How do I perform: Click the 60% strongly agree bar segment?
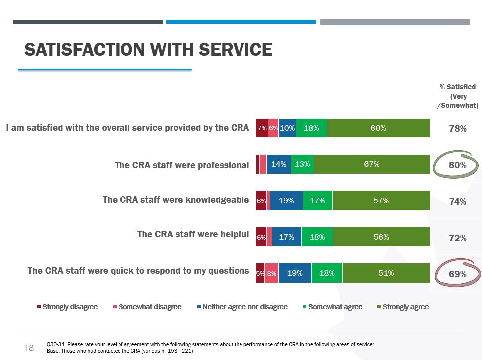coord(378,128)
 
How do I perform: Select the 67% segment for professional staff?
coord(372,164)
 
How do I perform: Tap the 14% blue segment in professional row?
coord(278,164)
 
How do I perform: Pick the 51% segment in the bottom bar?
coord(386,273)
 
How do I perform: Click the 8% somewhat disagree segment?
coord(271,273)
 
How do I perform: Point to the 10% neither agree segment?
coord(287,128)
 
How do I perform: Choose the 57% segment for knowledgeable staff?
coord(381,201)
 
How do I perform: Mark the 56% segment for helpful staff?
coord(381,237)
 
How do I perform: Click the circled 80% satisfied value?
coord(457,165)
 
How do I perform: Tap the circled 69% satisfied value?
coord(457,274)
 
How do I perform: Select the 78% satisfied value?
coord(457,129)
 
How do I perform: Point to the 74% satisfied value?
coord(457,202)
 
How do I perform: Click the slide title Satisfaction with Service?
coord(148,50)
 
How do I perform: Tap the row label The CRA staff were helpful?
coord(193,234)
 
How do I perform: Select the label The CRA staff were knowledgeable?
coord(176,200)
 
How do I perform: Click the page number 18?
coord(29,348)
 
